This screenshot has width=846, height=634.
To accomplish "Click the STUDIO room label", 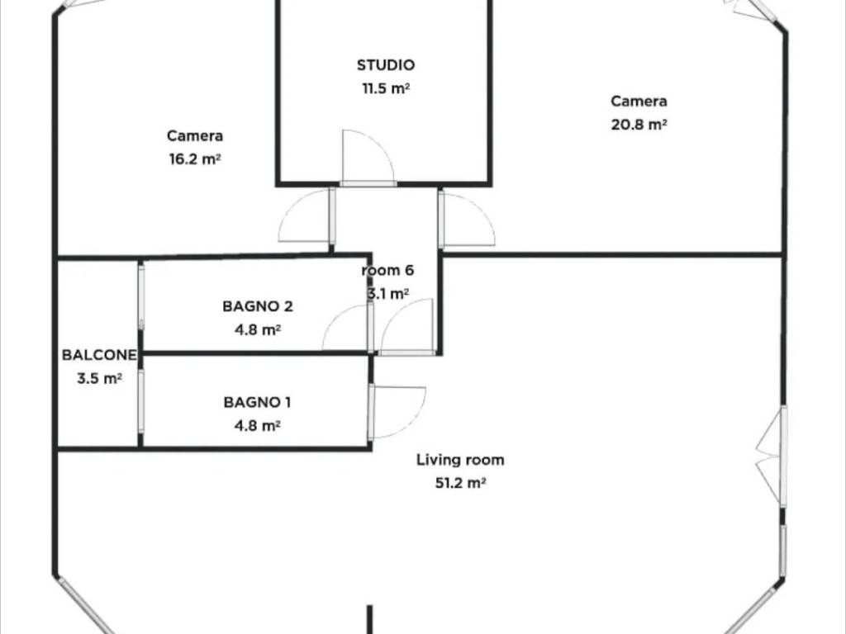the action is (x=386, y=65).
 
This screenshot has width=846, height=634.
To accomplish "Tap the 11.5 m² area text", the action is (x=386, y=88).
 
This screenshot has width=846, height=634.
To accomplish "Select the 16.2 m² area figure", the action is (x=195, y=159).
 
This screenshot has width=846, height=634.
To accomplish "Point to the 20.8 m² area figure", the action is (x=639, y=125).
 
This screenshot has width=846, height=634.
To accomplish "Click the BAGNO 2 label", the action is (x=258, y=306).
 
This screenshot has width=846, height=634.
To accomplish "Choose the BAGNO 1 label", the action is (x=257, y=402).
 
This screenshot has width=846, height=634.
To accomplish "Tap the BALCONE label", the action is (x=99, y=355).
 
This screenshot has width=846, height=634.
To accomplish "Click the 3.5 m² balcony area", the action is (x=99, y=378).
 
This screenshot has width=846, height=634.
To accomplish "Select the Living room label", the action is (x=460, y=460).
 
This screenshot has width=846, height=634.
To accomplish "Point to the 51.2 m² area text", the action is (x=460, y=483).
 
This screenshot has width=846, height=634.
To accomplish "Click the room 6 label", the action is (x=387, y=270).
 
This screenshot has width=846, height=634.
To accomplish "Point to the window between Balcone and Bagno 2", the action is (x=141, y=296).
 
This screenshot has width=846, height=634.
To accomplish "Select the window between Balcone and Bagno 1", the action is (x=140, y=402).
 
